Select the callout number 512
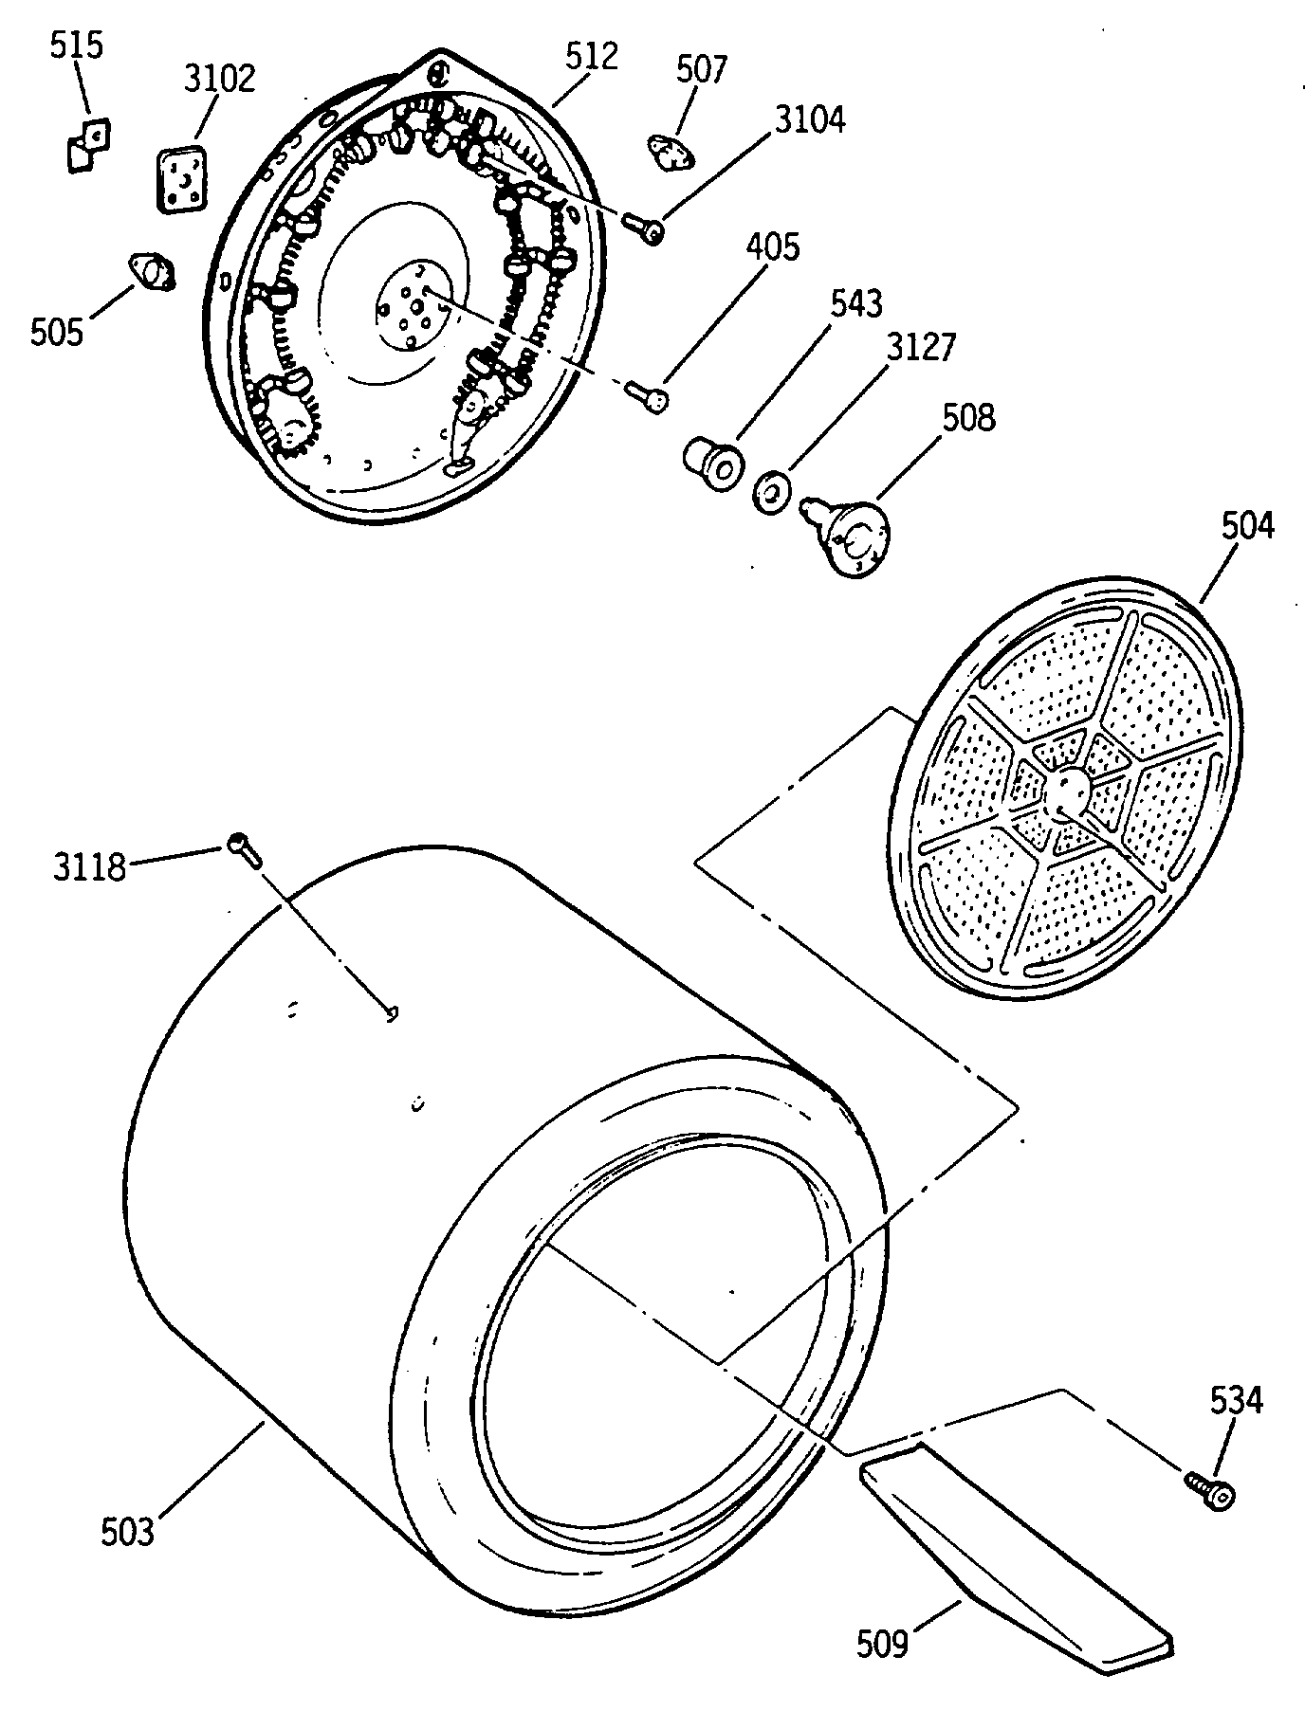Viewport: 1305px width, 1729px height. click(x=591, y=57)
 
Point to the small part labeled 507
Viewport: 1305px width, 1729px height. click(x=670, y=151)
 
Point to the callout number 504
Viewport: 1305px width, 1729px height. click(x=1246, y=524)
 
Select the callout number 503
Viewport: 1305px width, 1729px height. click(x=128, y=1532)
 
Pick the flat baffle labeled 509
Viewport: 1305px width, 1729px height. click(x=1015, y=1555)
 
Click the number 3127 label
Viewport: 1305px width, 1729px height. click(x=921, y=348)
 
